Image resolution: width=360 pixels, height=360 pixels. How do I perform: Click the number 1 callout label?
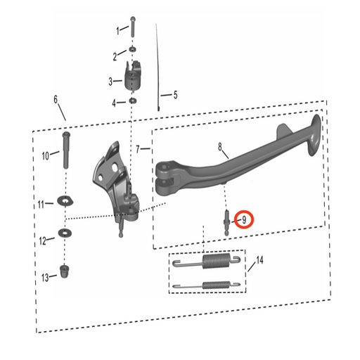(x=117, y=30)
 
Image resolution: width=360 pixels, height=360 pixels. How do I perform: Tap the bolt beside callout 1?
(x=132, y=27)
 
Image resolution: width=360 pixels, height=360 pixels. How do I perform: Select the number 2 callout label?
(x=115, y=56)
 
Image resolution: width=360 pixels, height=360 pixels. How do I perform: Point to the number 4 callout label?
(x=115, y=104)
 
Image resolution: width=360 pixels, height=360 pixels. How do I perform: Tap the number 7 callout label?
(x=139, y=148)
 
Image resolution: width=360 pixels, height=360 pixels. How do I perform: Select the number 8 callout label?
(x=220, y=147)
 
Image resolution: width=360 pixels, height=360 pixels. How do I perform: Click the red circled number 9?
(x=243, y=219)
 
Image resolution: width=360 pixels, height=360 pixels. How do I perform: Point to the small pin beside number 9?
(x=227, y=220)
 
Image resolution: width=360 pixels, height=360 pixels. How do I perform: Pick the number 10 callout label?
(x=46, y=155)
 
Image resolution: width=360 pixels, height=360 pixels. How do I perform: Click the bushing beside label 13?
(x=65, y=269)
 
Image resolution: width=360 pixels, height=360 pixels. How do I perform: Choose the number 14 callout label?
(x=259, y=261)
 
